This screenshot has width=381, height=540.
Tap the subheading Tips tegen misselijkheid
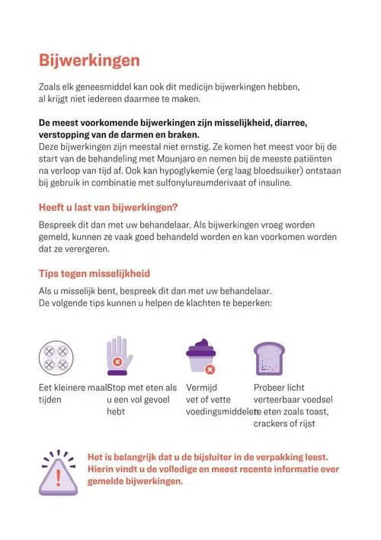[94, 273]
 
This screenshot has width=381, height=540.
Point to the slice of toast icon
[268, 356]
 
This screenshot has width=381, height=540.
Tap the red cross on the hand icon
[117, 363]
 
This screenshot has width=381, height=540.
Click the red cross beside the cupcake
[210, 369]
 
